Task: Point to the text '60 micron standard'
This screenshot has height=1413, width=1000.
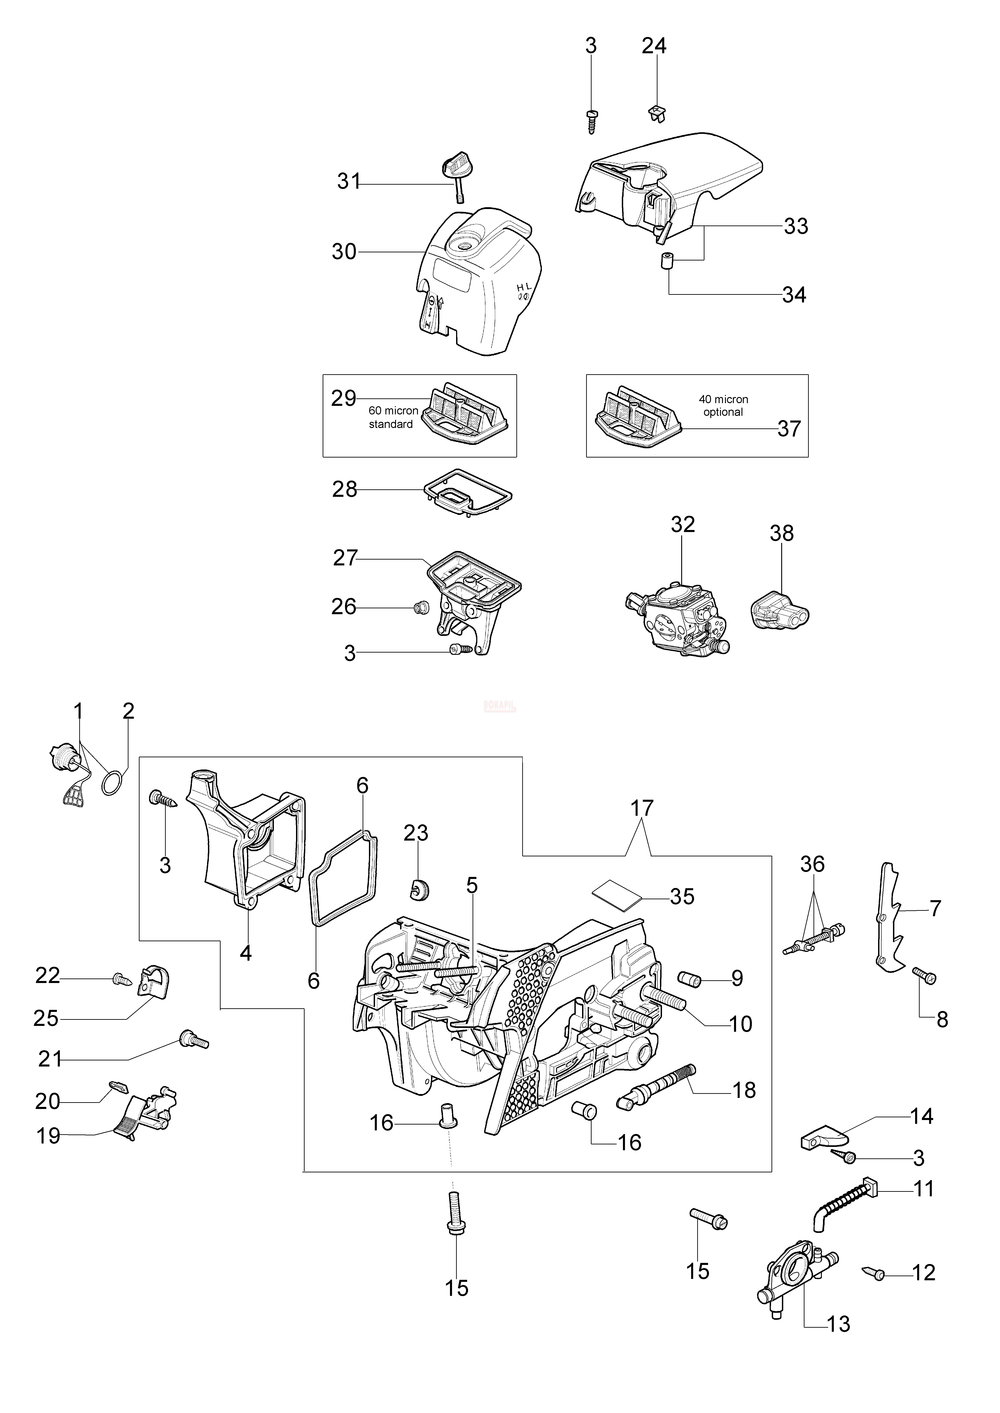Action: coord(393,417)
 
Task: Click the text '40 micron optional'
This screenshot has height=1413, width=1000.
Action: coord(723,406)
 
